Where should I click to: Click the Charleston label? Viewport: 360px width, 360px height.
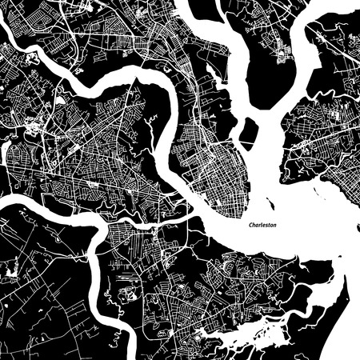tap(262, 226)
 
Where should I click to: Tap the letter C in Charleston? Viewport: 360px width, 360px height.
tap(250, 226)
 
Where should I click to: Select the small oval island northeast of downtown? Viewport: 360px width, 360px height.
tap(250, 130)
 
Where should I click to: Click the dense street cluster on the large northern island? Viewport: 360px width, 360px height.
tap(281, 53)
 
